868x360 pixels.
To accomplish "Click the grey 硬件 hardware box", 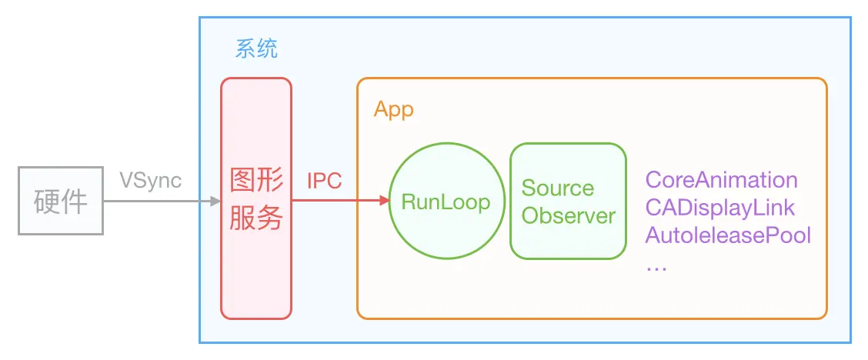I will point(61,202).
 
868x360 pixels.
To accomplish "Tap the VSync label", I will point(151,180).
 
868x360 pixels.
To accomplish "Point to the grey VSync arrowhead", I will point(215,202).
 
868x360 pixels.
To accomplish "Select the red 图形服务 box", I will point(256,262).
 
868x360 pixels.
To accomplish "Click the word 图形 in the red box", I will point(257,182).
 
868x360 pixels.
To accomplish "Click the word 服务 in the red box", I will point(257,218).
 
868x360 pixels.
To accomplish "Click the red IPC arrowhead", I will point(383,202).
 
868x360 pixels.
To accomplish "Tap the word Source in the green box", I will point(557,188).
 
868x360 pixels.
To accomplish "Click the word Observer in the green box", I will point(568,215).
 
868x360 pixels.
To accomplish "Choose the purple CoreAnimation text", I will point(721,180).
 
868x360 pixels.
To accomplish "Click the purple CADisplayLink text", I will point(719,207).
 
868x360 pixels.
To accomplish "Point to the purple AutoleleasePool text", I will point(728,234).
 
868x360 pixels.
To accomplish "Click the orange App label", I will point(393,109).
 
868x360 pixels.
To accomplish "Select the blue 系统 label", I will point(256,50).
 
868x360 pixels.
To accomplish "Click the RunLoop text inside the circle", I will point(446,202).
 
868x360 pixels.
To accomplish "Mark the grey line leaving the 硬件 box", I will point(154,202).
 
